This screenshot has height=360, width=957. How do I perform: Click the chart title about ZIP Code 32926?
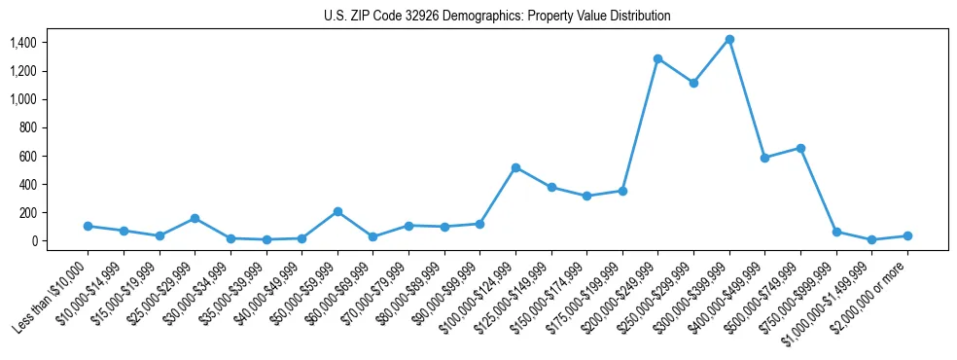click(x=497, y=17)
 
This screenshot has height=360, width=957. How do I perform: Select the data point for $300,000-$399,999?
click(x=729, y=40)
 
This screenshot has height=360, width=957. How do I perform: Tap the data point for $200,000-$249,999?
click(x=658, y=59)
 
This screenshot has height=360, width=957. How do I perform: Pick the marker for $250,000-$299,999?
click(x=693, y=83)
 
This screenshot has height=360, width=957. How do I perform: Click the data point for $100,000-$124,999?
click(x=515, y=167)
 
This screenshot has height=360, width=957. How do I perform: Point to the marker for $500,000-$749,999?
click(x=800, y=148)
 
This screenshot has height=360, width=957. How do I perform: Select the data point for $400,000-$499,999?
click(x=764, y=158)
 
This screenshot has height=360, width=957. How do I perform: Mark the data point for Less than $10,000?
click(x=88, y=226)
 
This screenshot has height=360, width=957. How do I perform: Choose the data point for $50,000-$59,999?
click(x=337, y=211)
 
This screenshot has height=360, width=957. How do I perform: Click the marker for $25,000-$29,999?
click(x=195, y=218)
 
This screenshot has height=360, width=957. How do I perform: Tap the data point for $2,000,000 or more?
click(x=907, y=235)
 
